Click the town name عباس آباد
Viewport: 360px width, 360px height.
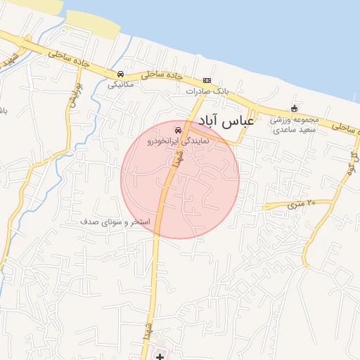point(226,120)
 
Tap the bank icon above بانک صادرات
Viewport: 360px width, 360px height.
point(207,80)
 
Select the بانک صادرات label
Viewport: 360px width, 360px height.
point(207,91)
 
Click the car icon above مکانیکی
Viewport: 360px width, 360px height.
point(121,74)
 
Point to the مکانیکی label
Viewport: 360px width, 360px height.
point(121,84)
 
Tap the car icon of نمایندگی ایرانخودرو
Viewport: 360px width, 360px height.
point(178,130)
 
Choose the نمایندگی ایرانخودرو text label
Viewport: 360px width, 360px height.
point(178,141)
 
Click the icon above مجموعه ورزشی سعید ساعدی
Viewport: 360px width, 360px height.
point(294,108)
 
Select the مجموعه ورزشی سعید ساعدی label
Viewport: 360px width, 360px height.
point(295,124)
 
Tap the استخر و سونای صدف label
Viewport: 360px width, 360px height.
point(115,221)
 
